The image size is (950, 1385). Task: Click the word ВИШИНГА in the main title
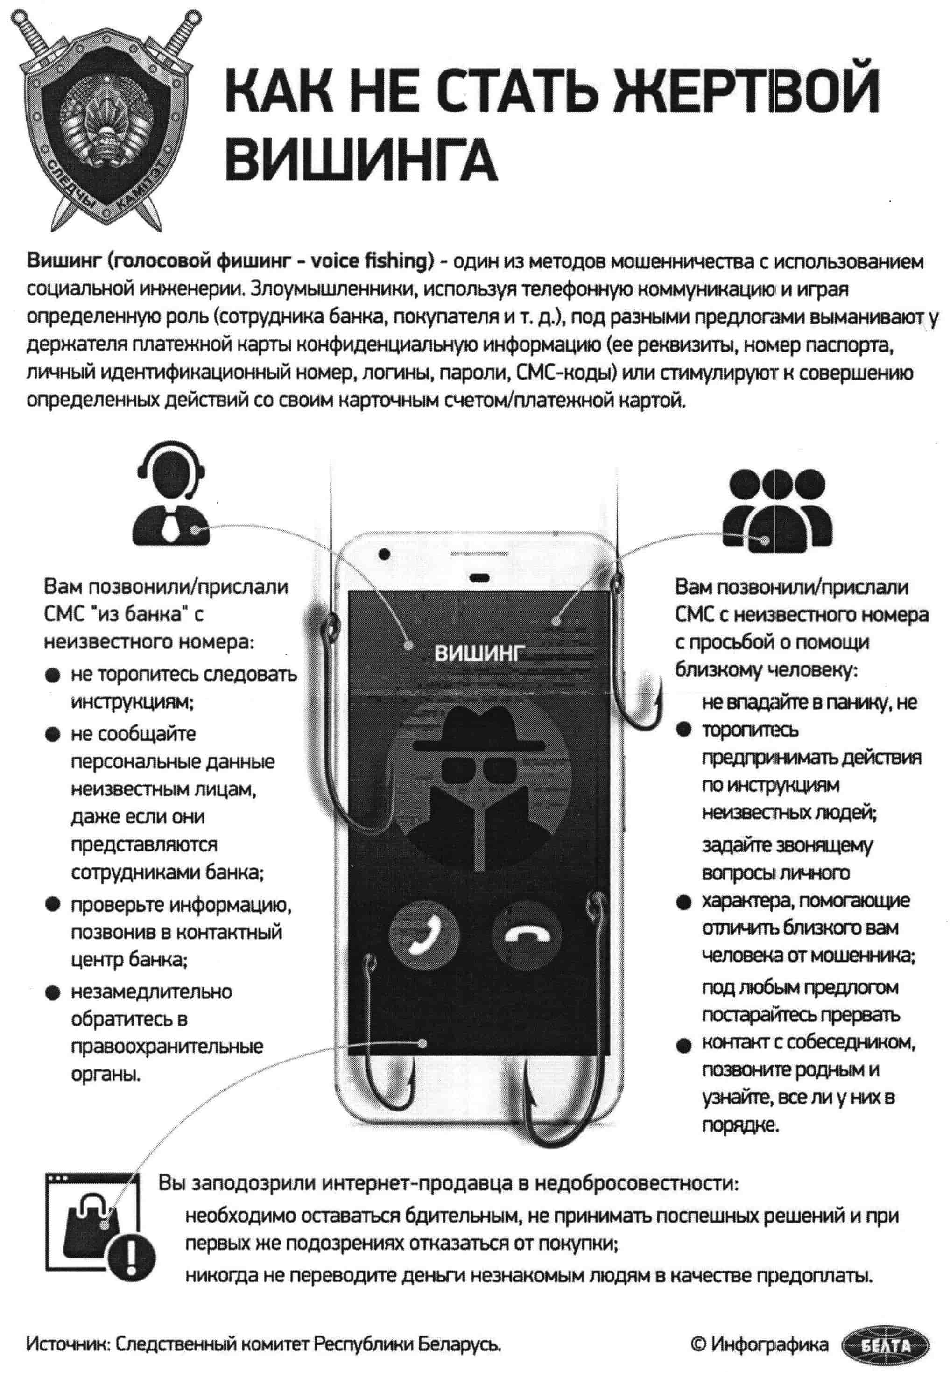point(362,159)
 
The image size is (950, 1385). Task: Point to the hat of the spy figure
point(479,729)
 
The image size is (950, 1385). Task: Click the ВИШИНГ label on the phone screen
point(480,654)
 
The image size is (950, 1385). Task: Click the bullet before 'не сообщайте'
point(52,734)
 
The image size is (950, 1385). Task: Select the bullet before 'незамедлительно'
point(52,993)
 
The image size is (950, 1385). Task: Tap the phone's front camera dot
point(384,554)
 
